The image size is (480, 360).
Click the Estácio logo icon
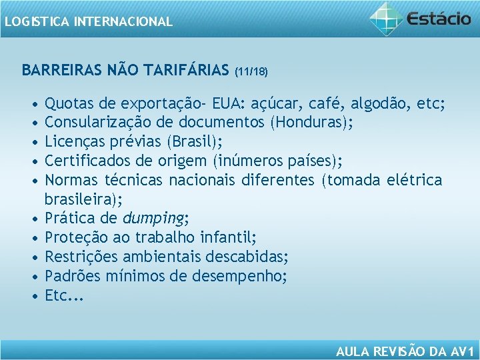pos(386,18)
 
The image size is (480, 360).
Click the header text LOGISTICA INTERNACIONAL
pos(87,21)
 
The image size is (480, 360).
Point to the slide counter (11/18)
pos(251,70)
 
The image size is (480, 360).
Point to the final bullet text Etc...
pos(64,296)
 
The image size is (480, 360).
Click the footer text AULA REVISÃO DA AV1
pos(405,351)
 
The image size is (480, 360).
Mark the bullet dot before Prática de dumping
pos(33,219)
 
